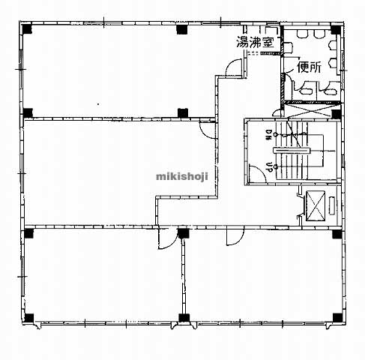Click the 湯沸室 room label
255,42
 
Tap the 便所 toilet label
310,67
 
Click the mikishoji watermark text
182,177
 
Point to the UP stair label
269,166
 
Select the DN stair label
269,135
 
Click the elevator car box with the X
316,206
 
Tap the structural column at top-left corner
27,28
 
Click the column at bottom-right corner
337,317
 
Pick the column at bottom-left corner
28,318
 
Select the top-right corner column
336,30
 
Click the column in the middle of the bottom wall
184,317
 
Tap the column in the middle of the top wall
182,29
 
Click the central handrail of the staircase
292,151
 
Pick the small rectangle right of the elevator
332,205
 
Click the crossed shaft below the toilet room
311,111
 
